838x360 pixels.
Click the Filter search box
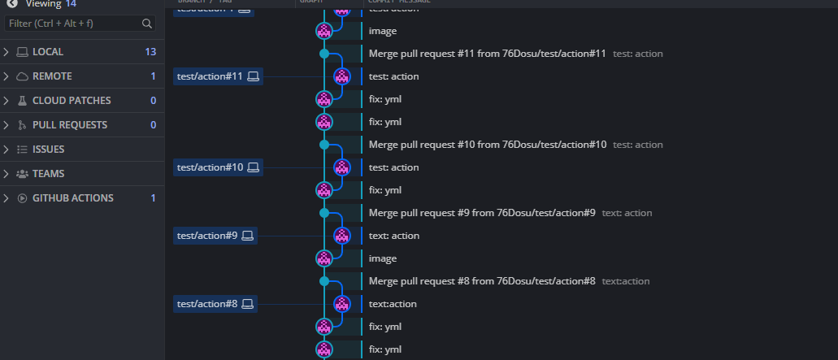coord(73,24)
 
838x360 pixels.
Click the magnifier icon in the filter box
coord(147,24)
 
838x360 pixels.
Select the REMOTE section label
coord(52,76)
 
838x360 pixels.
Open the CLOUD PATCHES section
coord(72,101)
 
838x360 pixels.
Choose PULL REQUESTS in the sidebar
coord(72,125)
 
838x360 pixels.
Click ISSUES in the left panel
coord(48,150)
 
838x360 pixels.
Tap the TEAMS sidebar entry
coord(48,174)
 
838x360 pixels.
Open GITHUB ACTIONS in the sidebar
coord(72,198)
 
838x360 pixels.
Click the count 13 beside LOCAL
coord(150,52)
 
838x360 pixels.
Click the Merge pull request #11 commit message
coord(488,54)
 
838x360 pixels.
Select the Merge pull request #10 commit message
coord(488,145)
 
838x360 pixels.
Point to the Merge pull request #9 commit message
coord(482,213)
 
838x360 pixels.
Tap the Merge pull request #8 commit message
coord(482,281)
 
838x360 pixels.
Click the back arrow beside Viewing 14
coord(12,3)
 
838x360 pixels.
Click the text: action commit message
coord(394,236)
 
